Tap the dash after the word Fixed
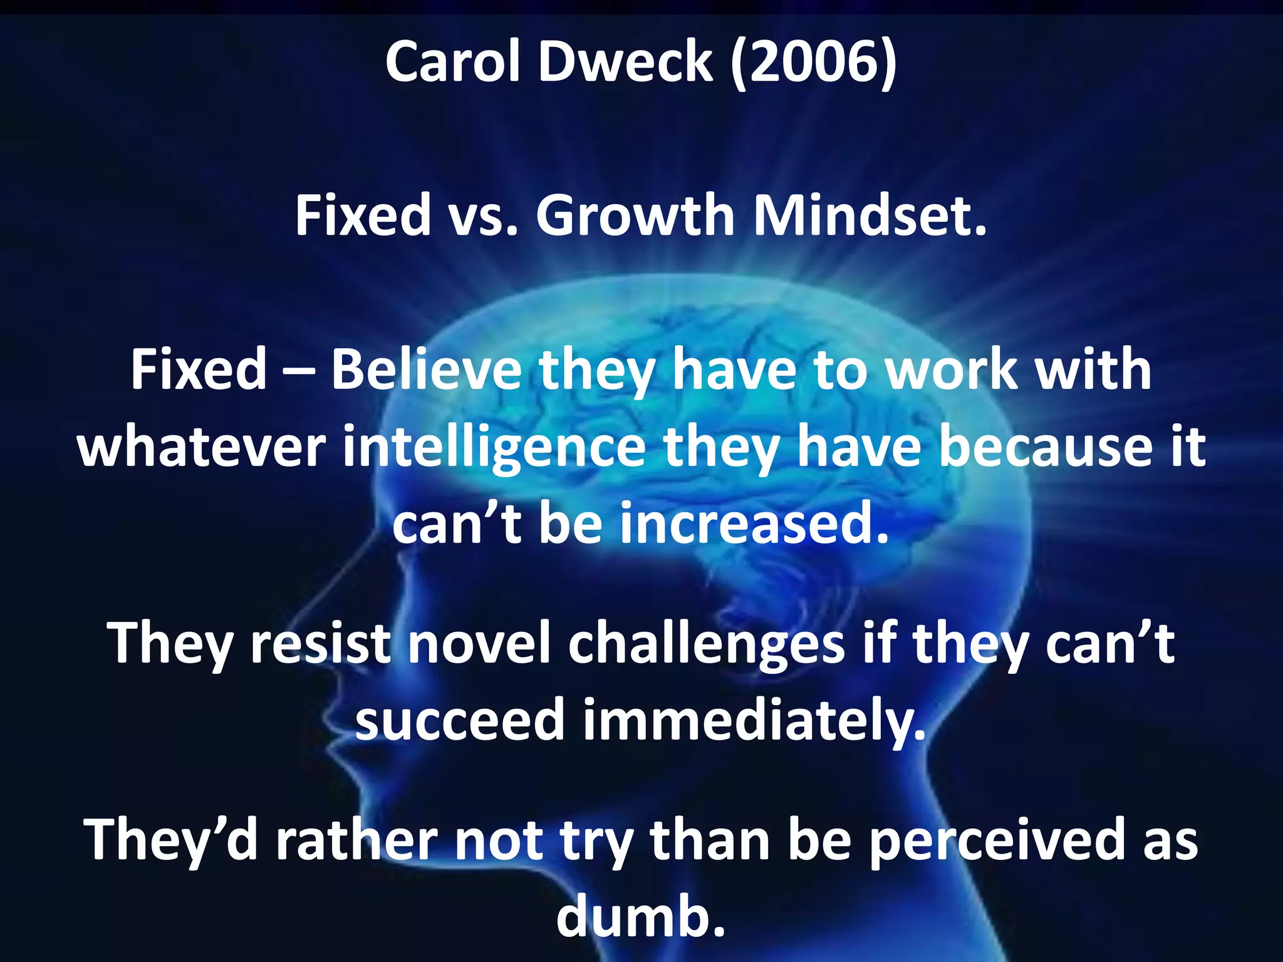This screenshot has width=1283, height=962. (299, 371)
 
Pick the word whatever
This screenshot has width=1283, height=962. (201, 447)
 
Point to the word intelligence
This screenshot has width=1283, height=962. (494, 448)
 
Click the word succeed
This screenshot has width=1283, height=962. (460, 720)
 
